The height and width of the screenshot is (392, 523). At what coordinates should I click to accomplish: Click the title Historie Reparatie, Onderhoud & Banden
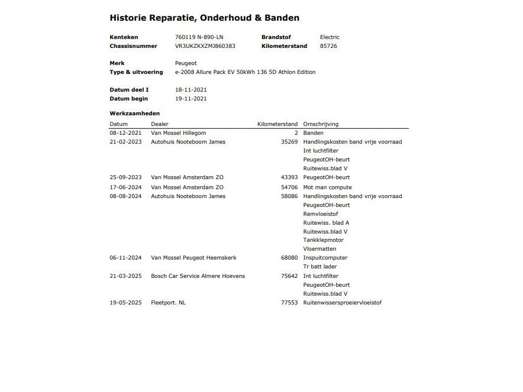pyautogui.click(x=204, y=18)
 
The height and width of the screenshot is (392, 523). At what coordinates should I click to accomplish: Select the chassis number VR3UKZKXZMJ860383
pyautogui.click(x=205, y=46)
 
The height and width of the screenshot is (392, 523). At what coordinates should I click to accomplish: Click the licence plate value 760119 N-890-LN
pyautogui.click(x=199, y=37)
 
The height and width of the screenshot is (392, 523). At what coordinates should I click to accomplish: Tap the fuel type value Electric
pyautogui.click(x=330, y=37)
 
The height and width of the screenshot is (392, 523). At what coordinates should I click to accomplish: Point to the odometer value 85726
pyautogui.click(x=328, y=46)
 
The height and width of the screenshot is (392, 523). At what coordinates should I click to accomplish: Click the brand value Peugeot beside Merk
pyautogui.click(x=186, y=63)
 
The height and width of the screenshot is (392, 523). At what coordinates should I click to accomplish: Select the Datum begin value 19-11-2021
pyautogui.click(x=191, y=99)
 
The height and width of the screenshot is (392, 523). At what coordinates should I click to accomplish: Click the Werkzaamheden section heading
pyautogui.click(x=134, y=113)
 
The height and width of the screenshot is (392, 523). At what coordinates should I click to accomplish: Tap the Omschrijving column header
pyautogui.click(x=321, y=124)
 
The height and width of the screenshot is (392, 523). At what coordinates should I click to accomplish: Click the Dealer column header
pyautogui.click(x=160, y=124)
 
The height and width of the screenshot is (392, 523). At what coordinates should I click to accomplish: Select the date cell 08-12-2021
pyautogui.click(x=125, y=133)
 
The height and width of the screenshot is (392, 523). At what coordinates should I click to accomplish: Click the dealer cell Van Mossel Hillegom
pyautogui.click(x=179, y=133)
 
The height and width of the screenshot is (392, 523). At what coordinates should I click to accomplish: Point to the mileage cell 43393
pyautogui.click(x=289, y=177)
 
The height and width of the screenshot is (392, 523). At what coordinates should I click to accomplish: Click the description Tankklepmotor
pyautogui.click(x=323, y=240)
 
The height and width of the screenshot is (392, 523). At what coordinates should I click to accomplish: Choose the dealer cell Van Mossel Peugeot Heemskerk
pyautogui.click(x=193, y=258)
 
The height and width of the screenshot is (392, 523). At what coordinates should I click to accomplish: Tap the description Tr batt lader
pyautogui.click(x=319, y=267)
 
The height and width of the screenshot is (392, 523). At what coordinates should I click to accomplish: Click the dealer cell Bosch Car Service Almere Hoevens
pyautogui.click(x=198, y=276)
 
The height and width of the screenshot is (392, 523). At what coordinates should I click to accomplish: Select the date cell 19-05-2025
pyautogui.click(x=125, y=303)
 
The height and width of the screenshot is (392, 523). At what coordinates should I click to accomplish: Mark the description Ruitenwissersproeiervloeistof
pyautogui.click(x=342, y=303)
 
